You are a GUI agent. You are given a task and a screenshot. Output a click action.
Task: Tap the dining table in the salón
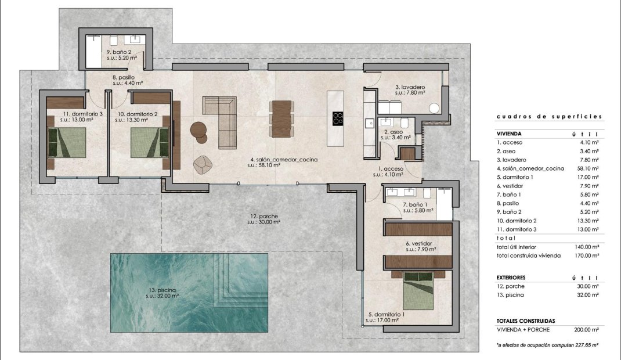(281, 118)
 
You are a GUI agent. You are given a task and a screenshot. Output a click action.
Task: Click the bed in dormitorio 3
(67, 143)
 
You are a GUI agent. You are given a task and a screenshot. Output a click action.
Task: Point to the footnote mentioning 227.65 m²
(547, 345)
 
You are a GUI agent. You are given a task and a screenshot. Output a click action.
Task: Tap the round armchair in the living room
(203, 165)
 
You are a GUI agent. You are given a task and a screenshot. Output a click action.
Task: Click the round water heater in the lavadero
(434, 108)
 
